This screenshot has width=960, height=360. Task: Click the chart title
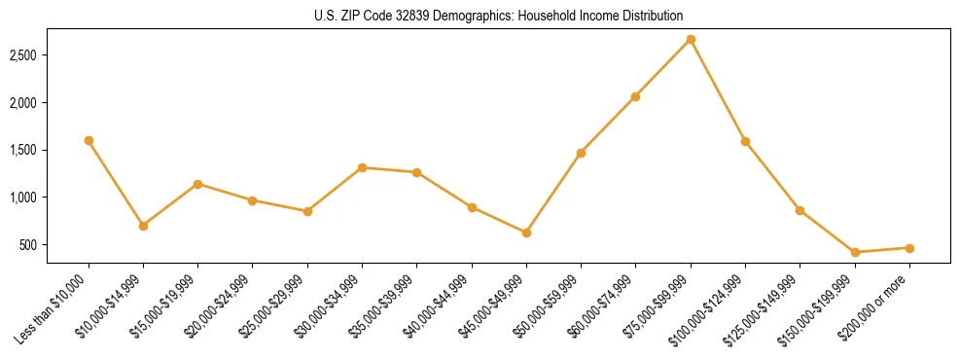tap(480, 16)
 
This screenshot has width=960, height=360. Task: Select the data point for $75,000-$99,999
tap(691, 39)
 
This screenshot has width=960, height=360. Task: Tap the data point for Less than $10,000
tap(89, 140)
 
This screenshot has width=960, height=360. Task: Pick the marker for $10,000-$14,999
tap(143, 226)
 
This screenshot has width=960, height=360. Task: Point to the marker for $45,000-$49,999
tap(526, 233)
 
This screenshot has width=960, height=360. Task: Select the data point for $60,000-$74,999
tap(635, 96)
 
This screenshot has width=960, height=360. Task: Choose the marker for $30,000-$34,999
tap(362, 167)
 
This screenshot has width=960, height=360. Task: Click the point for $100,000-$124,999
tap(745, 141)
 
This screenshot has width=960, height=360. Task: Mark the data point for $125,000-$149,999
tap(800, 210)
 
